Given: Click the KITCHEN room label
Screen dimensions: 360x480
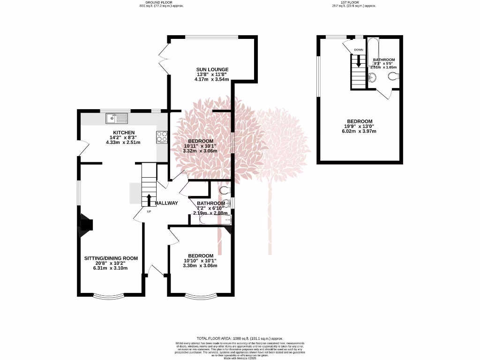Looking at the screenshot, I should [x=124, y=133].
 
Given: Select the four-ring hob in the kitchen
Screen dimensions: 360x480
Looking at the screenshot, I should [x=162, y=136].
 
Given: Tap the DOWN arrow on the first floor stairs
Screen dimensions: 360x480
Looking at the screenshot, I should [x=359, y=61].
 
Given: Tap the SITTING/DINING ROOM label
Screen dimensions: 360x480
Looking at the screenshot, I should [x=111, y=258].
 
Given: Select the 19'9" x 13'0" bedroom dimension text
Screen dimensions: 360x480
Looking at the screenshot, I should [x=360, y=126].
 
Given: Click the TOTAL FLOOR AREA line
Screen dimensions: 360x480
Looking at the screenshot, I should [x=240, y=338].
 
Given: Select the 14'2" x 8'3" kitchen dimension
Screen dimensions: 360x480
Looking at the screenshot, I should [x=124, y=137].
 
